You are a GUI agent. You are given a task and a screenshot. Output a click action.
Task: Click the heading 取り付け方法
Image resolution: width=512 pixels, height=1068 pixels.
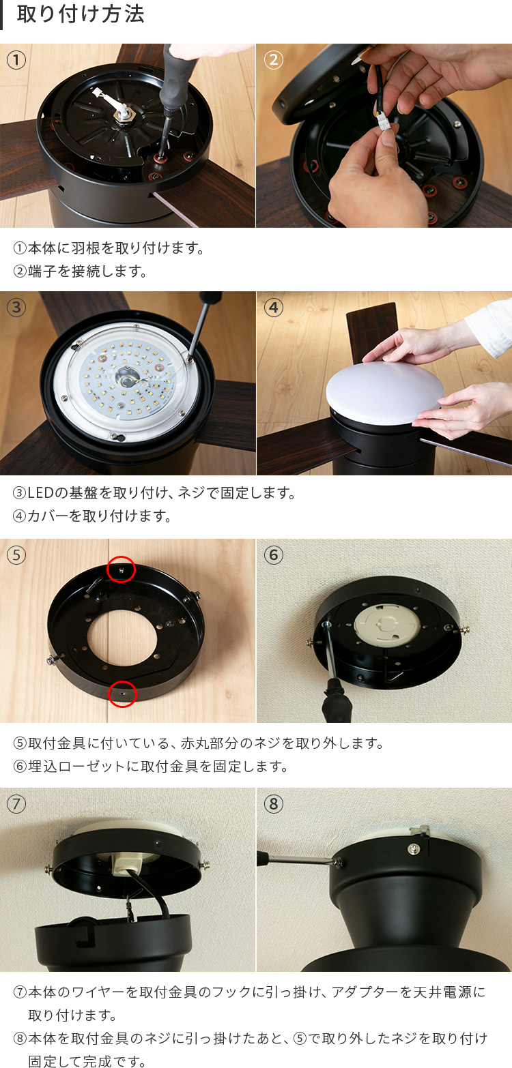(x=81, y=15)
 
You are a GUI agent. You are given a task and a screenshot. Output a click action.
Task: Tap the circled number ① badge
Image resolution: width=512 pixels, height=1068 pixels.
(x=16, y=60)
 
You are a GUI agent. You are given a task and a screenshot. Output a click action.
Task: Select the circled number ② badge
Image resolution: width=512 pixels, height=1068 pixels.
(x=273, y=60)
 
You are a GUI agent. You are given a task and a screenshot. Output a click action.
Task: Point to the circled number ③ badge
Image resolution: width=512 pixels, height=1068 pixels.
(x=16, y=308)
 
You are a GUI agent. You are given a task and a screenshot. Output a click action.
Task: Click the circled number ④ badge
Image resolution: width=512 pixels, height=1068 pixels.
(x=273, y=308)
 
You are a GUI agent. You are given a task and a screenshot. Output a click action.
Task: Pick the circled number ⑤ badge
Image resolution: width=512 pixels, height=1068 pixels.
(x=16, y=555)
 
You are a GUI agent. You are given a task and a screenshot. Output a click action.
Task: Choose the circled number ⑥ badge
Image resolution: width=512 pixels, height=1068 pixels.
(x=273, y=555)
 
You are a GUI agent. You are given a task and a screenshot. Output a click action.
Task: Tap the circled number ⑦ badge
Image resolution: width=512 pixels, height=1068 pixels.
(x=16, y=804)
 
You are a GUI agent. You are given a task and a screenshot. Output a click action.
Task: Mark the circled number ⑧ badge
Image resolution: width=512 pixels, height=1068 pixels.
(x=273, y=804)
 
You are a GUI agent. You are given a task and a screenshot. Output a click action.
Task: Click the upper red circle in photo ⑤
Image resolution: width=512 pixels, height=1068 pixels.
(x=122, y=569)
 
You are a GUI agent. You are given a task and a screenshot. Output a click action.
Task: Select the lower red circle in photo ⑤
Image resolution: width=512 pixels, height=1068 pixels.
(x=123, y=694)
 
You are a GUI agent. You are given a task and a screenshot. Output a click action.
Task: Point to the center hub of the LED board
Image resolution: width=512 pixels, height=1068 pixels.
(x=126, y=374)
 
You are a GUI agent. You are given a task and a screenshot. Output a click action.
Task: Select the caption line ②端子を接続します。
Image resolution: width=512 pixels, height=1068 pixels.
(x=81, y=271)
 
